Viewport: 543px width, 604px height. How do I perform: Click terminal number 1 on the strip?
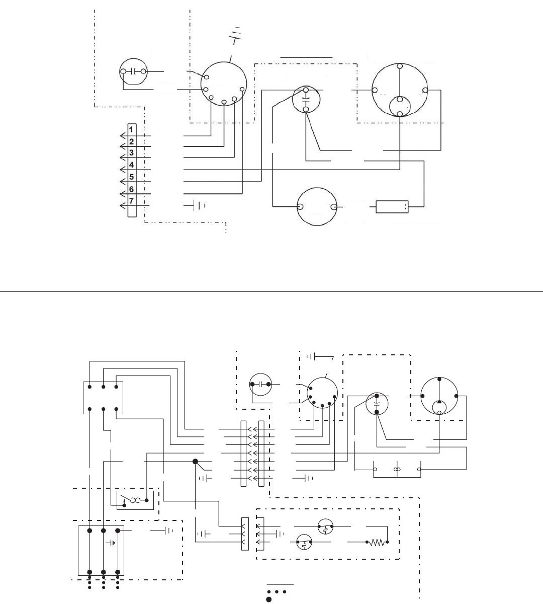(x=131, y=129)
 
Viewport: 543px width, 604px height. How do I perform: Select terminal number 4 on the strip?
(x=131, y=165)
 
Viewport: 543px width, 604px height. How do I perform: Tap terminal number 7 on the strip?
(x=131, y=201)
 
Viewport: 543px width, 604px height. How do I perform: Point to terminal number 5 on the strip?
(x=131, y=177)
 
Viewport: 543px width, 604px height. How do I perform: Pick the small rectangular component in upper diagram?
(x=392, y=207)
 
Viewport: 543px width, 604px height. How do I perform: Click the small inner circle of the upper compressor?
(x=400, y=106)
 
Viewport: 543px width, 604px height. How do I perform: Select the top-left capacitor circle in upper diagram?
(x=134, y=72)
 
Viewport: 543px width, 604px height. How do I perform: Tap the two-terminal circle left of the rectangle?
(x=317, y=207)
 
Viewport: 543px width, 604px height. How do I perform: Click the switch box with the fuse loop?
(x=135, y=500)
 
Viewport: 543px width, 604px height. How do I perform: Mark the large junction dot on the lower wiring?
(x=195, y=462)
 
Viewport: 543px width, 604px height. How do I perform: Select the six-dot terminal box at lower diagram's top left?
(x=103, y=398)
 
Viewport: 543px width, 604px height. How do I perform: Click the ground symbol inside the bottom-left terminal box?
(x=110, y=544)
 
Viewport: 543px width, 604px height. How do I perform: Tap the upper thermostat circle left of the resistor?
(x=325, y=526)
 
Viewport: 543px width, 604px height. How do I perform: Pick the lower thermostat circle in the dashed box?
(x=304, y=544)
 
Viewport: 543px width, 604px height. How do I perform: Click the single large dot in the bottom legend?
(x=269, y=599)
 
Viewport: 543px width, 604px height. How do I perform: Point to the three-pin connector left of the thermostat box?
(x=245, y=534)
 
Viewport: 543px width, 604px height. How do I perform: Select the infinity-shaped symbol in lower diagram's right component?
(x=397, y=469)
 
